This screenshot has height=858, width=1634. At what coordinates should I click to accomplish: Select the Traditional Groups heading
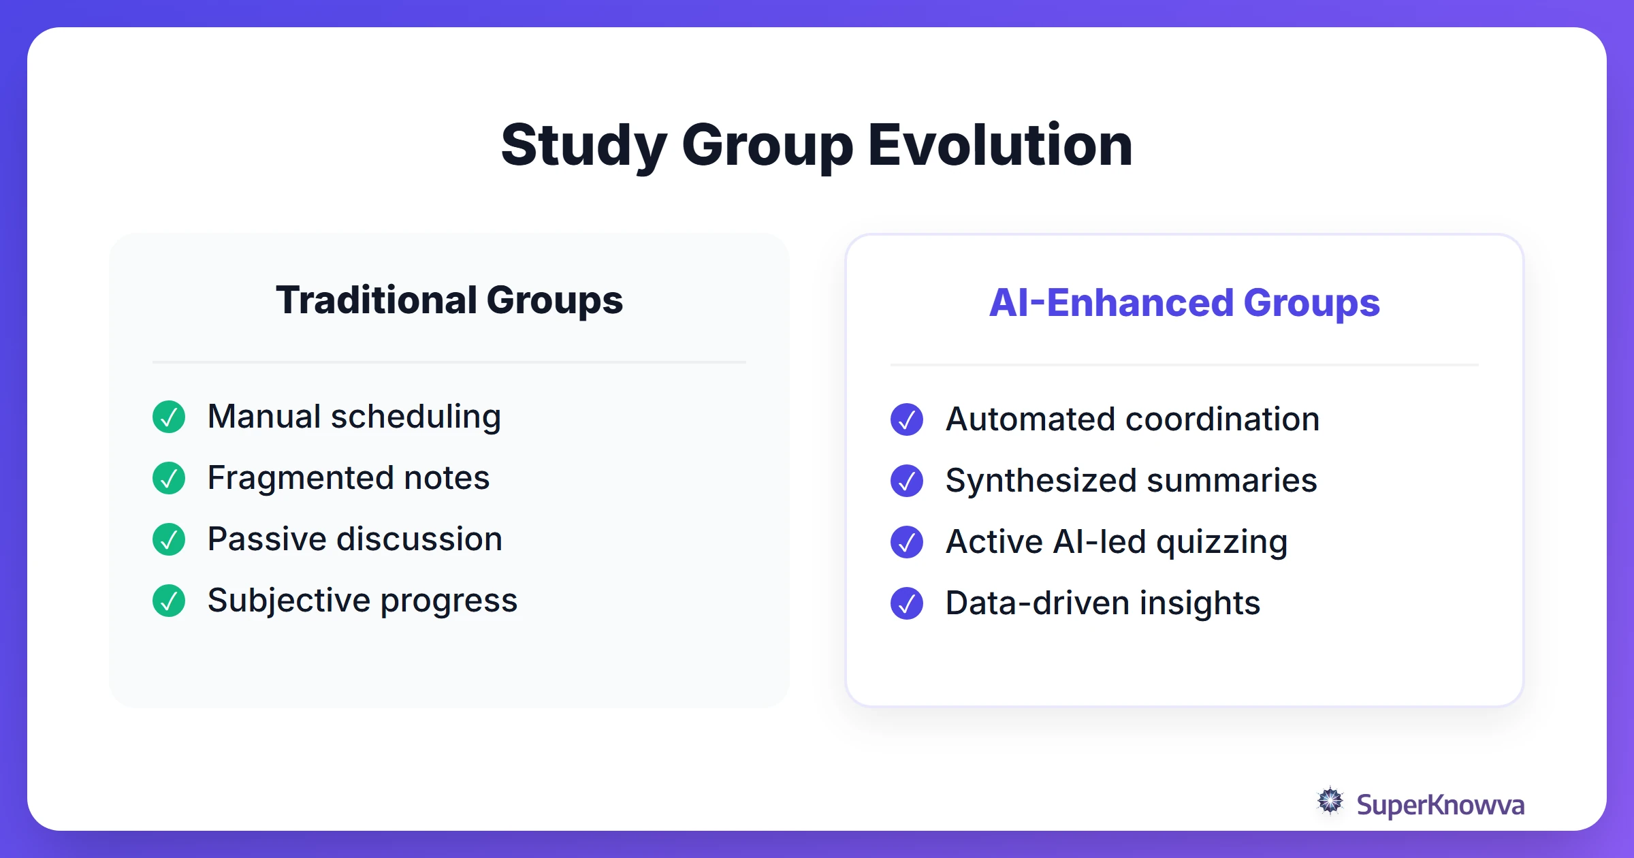pos(449,300)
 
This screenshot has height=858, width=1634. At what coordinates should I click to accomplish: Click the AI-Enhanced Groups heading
pos(1184,303)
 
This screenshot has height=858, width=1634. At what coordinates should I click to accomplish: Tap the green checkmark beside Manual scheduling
pos(169,417)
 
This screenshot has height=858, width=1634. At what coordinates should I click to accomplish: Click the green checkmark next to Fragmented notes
pos(169,478)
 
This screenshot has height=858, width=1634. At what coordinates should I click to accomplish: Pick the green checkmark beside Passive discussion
pos(169,539)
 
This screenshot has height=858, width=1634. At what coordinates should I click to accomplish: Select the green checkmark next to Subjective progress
pos(169,601)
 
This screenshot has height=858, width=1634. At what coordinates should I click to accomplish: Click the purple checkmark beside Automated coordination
pos(907,419)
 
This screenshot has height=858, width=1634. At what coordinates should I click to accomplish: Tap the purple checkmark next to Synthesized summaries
pos(907,481)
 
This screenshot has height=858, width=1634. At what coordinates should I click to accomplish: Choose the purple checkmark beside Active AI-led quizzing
pos(907,542)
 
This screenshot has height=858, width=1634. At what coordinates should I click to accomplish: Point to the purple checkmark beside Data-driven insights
pos(907,603)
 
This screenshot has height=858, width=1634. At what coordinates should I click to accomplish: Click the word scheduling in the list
pos(416,417)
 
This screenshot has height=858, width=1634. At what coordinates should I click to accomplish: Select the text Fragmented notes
pos(349,478)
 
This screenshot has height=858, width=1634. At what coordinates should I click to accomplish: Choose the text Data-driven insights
pos(1103,603)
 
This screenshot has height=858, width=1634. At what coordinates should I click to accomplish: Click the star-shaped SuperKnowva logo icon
pos(1330,801)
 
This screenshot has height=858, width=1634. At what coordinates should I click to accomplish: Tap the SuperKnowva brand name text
pos(1440,805)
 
